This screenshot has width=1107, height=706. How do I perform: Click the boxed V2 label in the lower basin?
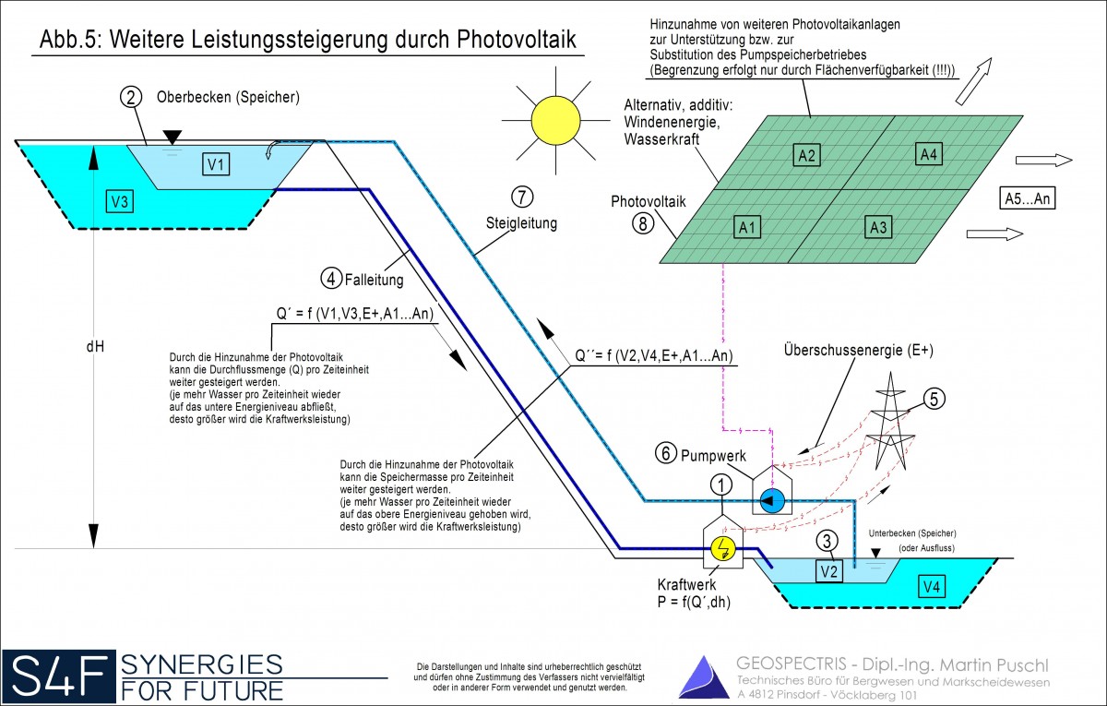tap(828, 572)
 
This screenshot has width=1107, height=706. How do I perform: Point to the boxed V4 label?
tap(932, 584)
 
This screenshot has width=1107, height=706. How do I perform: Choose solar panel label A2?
tap(807, 155)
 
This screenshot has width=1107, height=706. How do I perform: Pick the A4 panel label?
tap(929, 153)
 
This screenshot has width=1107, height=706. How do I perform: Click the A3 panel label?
tap(878, 225)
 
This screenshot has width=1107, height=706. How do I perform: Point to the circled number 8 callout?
tap(644, 224)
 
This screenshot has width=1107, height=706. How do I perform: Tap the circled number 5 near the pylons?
tap(933, 399)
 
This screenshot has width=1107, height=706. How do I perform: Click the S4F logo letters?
tap(58, 675)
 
